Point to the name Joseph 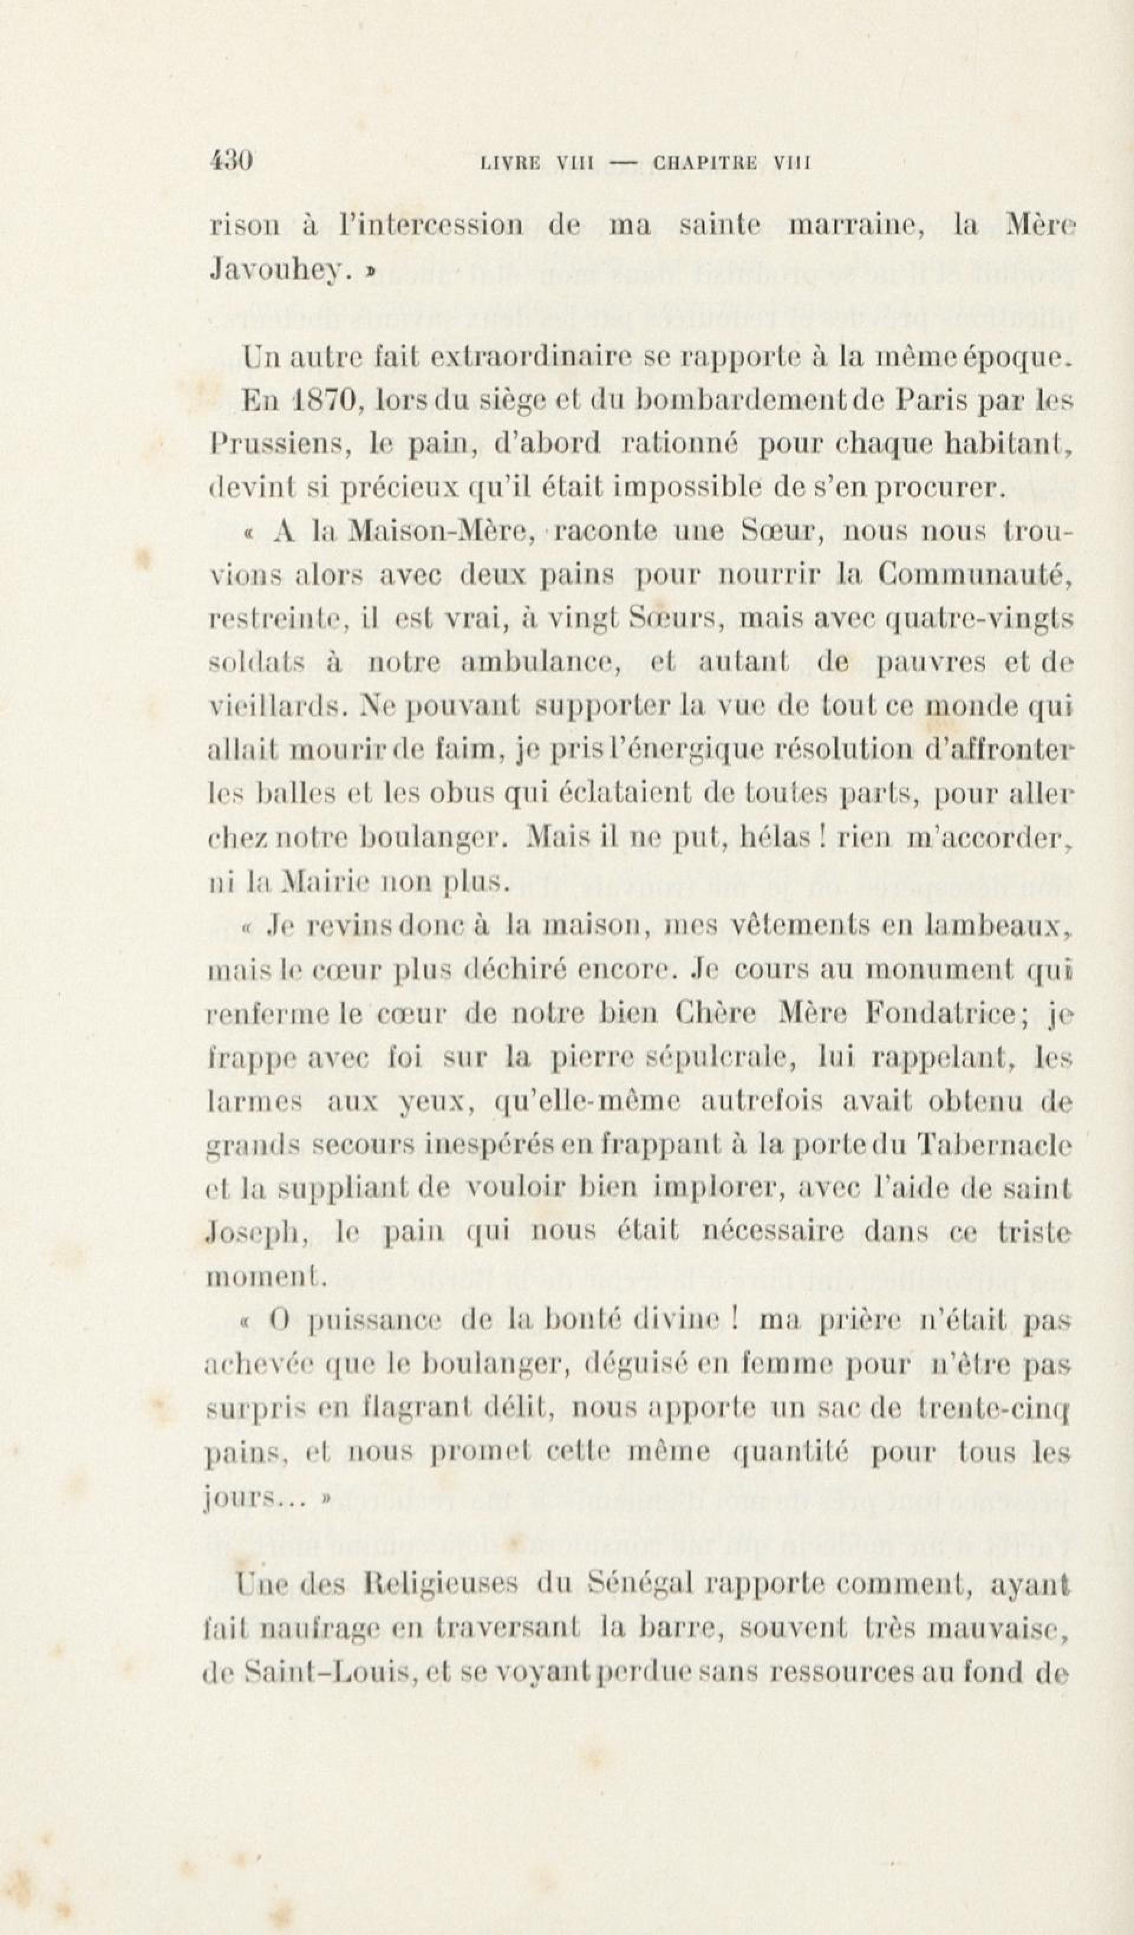coord(256,1233)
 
